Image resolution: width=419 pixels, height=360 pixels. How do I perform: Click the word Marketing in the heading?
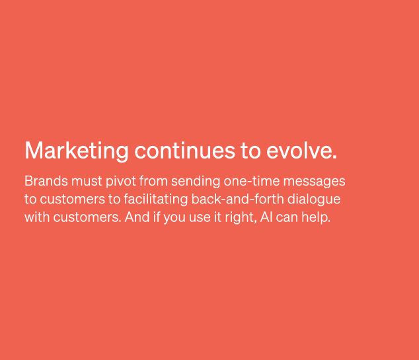pos(77,151)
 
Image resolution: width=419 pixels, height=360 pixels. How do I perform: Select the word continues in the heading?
pos(184,151)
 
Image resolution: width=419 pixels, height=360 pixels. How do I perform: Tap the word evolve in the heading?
pos(299,151)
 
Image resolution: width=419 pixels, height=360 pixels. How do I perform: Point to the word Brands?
pos(46,181)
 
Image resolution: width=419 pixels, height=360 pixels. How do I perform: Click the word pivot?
pos(121,182)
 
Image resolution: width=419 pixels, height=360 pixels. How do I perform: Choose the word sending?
pos(196,182)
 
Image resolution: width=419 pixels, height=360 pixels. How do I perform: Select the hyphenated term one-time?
pos(252,181)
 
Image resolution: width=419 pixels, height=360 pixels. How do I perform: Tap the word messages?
pos(315,182)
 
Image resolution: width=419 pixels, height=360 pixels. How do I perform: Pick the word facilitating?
pos(156,199)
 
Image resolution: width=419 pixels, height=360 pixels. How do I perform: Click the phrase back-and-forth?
pos(237,199)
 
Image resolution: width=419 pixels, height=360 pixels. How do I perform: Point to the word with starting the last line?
pos(37,217)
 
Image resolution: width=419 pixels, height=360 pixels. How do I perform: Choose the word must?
pos(87,182)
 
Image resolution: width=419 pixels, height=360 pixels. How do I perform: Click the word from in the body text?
pos(153,181)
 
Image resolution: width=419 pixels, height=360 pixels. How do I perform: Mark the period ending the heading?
pos(334,158)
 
